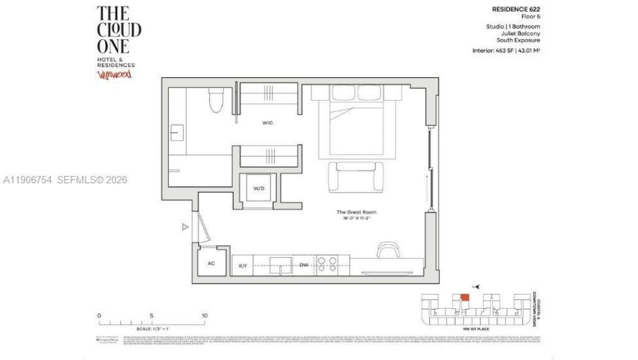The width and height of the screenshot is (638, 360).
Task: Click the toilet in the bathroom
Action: coord(216,100)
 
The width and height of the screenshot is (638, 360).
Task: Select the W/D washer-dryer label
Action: coord(259,188)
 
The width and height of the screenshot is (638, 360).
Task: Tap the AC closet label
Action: coord(211,263)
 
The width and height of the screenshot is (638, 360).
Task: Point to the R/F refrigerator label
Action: coord(244,266)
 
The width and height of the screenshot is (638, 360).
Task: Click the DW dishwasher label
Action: coord(304,265)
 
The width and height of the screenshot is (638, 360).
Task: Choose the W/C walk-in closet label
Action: coord(267,123)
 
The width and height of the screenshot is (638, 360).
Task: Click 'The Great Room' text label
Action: coord(355,212)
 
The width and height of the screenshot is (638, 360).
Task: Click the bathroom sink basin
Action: coord(177,133)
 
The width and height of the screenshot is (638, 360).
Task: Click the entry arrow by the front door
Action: coord(185,227)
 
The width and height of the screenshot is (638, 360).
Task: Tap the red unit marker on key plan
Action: coord(464,296)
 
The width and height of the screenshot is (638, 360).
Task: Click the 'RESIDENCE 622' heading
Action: coord(517,10)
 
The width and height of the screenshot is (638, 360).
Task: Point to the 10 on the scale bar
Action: coord(205,316)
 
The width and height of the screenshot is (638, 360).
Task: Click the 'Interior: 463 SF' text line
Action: coord(506,49)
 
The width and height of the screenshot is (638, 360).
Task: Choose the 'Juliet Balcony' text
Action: coord(521,34)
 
